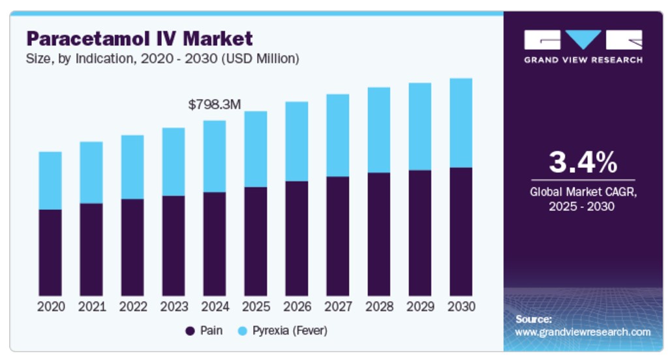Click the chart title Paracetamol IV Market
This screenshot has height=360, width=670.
139,39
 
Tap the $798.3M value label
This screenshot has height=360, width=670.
215,104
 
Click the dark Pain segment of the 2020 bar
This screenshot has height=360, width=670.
50,252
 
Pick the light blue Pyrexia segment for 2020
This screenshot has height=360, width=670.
50,181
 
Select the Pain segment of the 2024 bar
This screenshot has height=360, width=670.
215,244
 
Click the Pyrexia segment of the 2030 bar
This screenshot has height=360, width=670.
461,123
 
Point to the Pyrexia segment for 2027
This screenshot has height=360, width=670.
338,136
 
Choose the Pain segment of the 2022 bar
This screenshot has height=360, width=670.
132,247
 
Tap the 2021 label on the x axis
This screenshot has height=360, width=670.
91,307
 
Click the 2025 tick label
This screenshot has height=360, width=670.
256,307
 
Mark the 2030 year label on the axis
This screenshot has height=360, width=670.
461,307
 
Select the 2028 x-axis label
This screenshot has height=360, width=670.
379,307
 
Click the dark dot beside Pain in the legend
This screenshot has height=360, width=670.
190,331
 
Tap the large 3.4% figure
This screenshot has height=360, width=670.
583,162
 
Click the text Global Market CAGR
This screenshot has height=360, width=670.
583,192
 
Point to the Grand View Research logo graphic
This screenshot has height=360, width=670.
583,40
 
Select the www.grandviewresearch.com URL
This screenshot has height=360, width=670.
583,332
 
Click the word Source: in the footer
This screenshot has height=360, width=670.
534,320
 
